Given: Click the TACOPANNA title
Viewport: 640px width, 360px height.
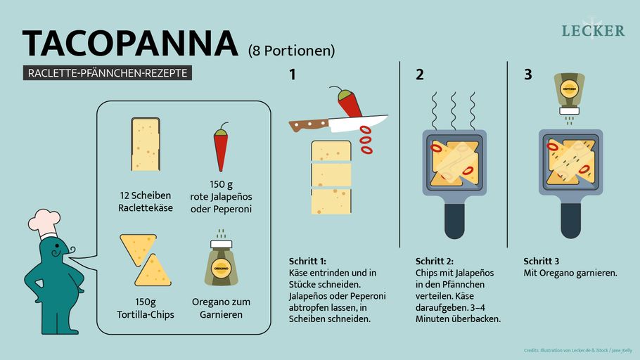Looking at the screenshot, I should [131, 44].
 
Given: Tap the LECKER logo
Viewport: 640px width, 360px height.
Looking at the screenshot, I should [593, 30].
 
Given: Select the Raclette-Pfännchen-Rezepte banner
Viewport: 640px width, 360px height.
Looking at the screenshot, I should [108, 73].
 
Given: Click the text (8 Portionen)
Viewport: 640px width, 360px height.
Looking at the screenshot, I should [291, 51].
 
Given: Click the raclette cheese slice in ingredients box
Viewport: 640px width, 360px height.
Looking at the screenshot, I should [145, 144].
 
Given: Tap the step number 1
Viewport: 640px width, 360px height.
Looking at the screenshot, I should [293, 75].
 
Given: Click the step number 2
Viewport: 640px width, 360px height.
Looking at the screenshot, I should [420, 75].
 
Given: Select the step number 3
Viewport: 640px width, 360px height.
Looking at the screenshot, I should [527, 75].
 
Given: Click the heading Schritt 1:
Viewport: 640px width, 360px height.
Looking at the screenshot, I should [308, 260].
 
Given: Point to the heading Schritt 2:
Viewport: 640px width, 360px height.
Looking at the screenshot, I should [435, 260].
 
